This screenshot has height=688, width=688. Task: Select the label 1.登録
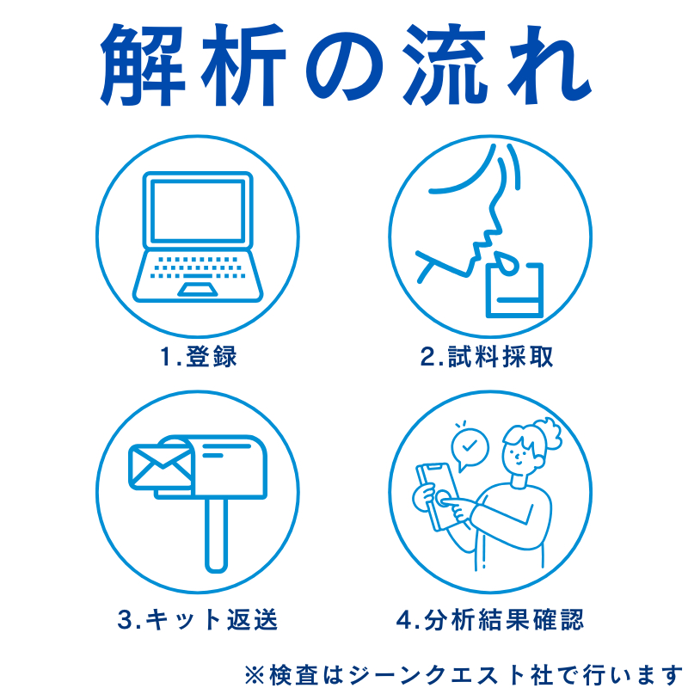coord(198,357)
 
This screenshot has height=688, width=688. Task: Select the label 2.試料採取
coord(487,357)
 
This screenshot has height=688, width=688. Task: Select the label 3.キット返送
coord(198,618)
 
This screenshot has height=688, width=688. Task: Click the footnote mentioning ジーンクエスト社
coord(464,669)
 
